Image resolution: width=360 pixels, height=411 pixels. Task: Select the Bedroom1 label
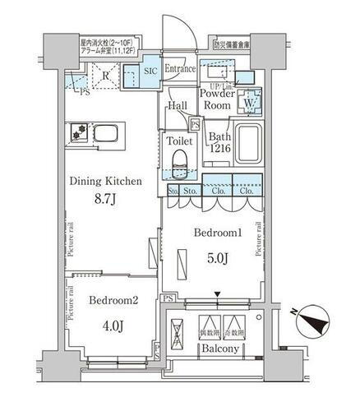pos(216,233)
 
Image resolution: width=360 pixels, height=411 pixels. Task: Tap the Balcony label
pos(218,349)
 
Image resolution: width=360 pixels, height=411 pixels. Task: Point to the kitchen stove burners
pos(81,131)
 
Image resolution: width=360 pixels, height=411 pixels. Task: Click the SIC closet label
pos(150,72)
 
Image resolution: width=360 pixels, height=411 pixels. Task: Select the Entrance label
pos(179,69)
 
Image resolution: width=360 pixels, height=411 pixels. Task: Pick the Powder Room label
pos(217,99)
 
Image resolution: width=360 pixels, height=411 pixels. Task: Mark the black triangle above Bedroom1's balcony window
pos(217,295)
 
